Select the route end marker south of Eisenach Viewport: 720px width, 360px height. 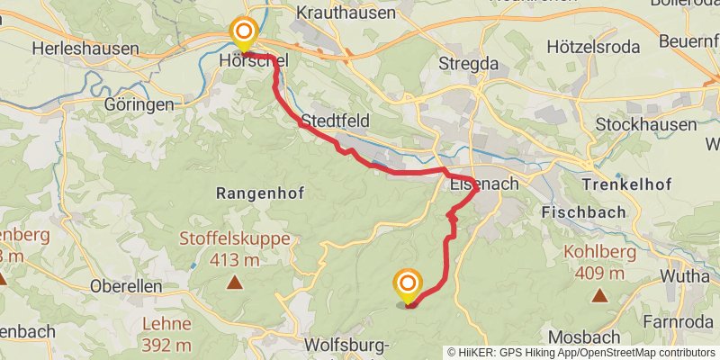click(407, 287)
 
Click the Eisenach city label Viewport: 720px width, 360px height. click(482, 184)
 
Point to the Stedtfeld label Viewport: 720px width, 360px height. click(336, 121)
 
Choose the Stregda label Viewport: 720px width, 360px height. click(467, 63)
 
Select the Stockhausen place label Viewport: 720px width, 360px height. click(646, 124)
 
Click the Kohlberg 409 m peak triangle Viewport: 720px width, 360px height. click(598, 294)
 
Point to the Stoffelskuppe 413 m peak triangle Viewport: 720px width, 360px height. click(235, 283)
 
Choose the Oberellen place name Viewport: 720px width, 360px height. click(126, 285)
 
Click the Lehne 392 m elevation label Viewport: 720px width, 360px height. click(166, 333)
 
